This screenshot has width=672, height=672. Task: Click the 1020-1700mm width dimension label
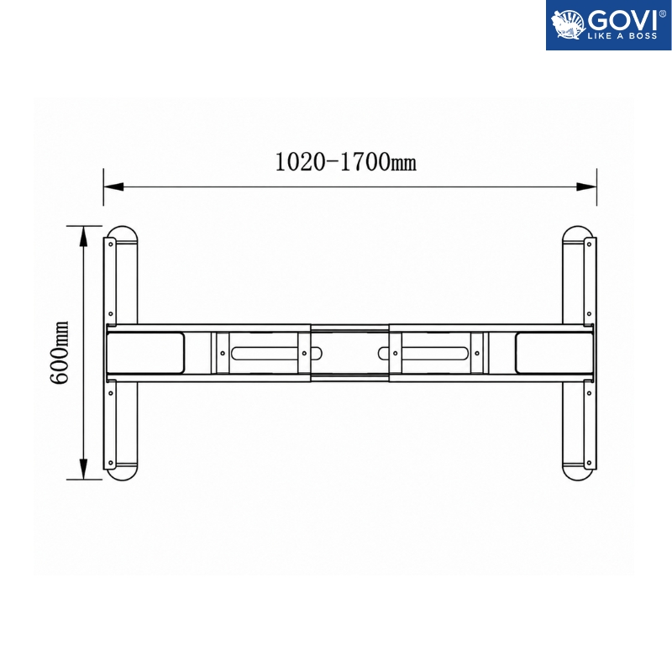(x=345, y=162)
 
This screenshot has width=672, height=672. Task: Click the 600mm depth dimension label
(x=59, y=352)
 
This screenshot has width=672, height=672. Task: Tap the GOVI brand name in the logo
(x=622, y=20)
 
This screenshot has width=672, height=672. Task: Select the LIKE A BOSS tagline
(x=622, y=36)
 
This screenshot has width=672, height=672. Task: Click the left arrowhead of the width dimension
(x=113, y=186)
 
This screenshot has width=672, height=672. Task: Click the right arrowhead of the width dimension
(x=586, y=186)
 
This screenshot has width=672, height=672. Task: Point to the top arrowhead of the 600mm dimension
(x=83, y=236)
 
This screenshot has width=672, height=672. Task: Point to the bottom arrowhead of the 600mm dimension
(x=83, y=469)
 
